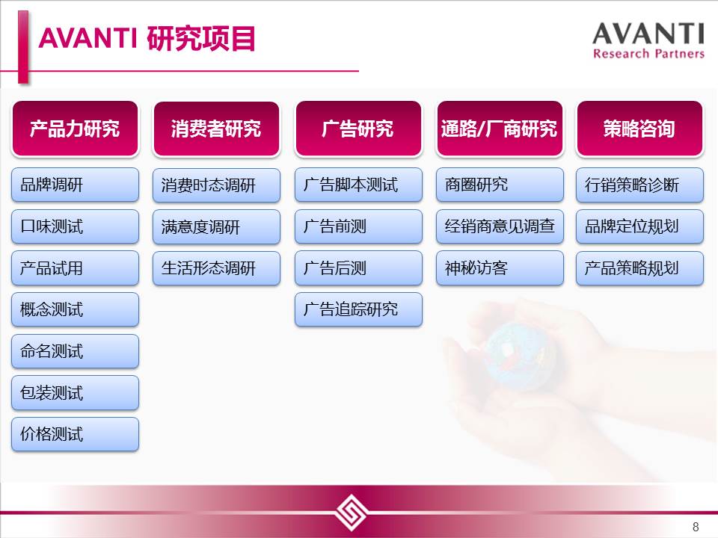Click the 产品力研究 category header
(75, 129)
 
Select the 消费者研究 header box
(216, 129)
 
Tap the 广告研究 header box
(358, 129)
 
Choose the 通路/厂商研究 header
(500, 129)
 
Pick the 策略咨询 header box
(639, 129)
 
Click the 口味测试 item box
(75, 226)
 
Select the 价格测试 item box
(75, 434)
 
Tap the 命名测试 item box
(75, 351)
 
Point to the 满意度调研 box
(216, 226)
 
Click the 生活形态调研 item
(216, 268)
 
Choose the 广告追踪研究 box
(358, 309)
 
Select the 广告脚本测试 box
(358, 185)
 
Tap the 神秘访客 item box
(500, 268)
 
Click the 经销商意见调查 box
(500, 226)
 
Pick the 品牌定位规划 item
(639, 226)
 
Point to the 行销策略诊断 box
(639, 185)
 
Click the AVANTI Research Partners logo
(648, 40)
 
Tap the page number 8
(696, 527)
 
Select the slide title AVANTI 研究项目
(147, 38)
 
